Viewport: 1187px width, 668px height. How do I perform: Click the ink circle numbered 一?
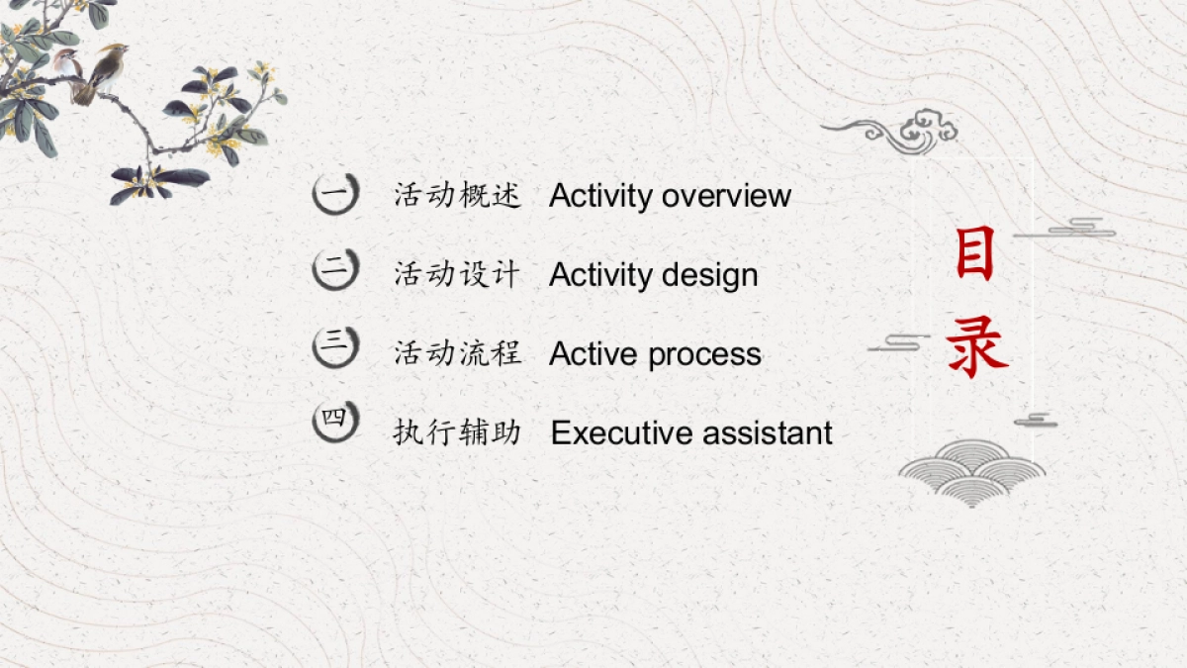335,193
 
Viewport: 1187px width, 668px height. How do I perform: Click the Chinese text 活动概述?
457,195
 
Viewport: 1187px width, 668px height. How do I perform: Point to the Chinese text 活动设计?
457,274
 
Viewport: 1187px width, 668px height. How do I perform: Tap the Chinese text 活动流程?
457,353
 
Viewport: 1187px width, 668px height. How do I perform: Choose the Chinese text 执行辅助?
457,432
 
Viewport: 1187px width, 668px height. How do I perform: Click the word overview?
726,196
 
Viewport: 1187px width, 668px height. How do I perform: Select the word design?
710,275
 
